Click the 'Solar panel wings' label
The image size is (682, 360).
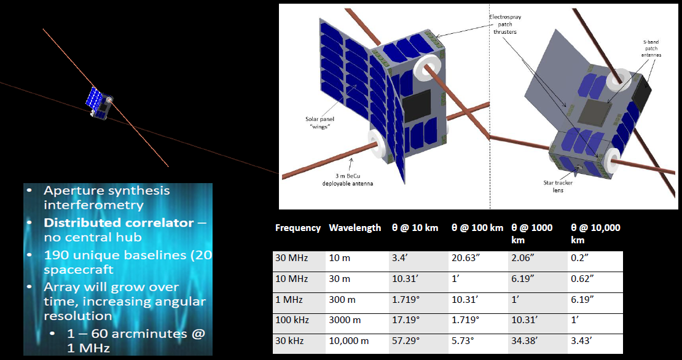[311, 123]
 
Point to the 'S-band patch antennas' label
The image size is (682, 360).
[653, 49]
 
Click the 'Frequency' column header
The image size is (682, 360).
[297, 228]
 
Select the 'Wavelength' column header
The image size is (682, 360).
[355, 228]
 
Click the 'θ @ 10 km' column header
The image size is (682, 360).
[415, 228]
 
